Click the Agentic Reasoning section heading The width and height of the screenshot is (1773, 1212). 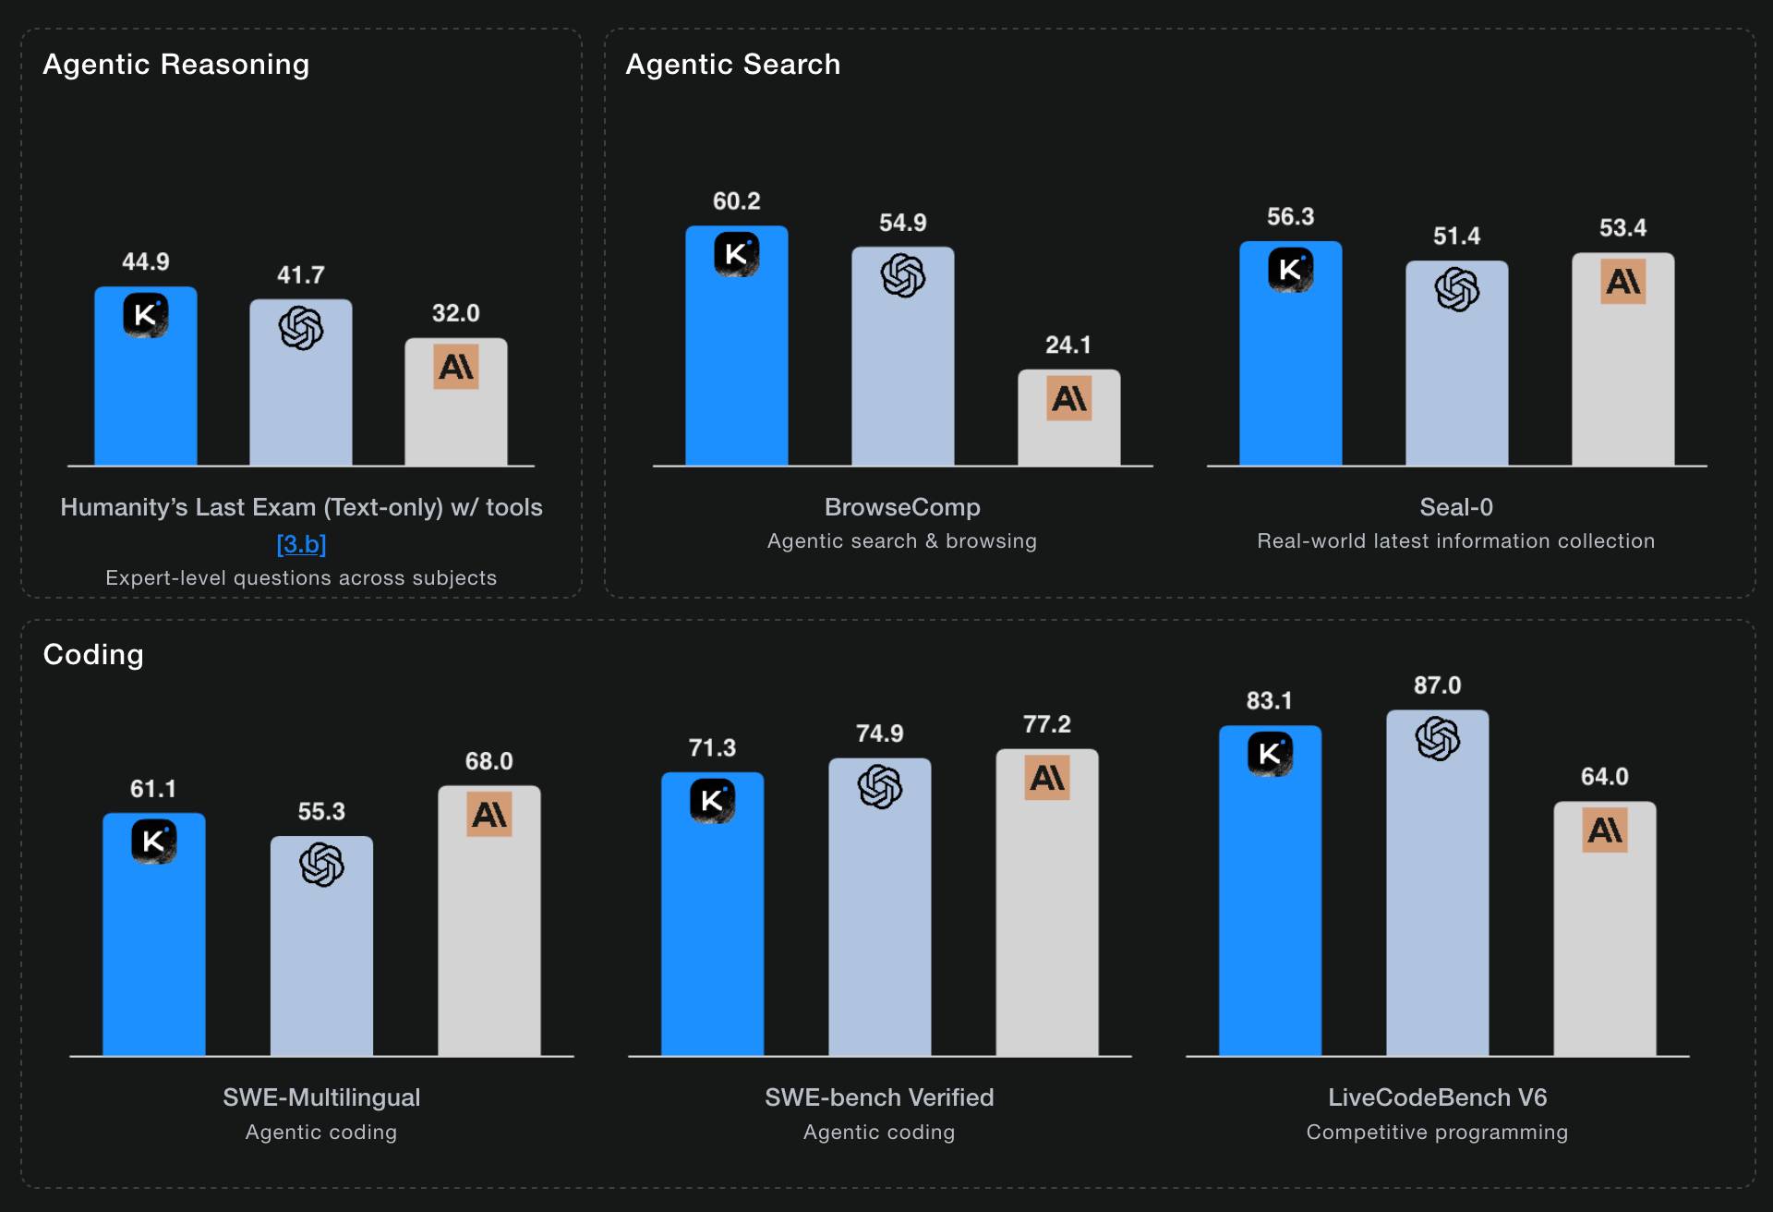(x=175, y=65)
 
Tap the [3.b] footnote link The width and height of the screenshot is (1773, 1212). (x=301, y=544)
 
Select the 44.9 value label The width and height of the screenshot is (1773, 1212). (x=146, y=262)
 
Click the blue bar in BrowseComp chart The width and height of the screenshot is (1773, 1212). (x=736, y=370)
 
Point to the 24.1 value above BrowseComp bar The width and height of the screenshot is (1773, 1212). (x=1068, y=345)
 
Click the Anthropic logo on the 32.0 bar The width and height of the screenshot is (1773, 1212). (x=456, y=367)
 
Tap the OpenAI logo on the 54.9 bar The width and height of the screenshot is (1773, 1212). (x=903, y=275)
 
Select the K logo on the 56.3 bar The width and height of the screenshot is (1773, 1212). (x=1290, y=270)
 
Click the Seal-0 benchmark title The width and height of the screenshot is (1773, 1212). (x=1456, y=507)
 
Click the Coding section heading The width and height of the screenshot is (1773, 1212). (x=93, y=655)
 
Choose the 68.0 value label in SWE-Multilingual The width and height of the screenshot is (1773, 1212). (x=488, y=761)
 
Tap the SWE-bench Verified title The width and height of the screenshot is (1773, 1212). (x=879, y=1097)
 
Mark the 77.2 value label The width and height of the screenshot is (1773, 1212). (x=1047, y=724)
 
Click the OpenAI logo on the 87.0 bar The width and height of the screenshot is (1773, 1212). (x=1437, y=739)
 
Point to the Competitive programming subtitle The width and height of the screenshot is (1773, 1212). (x=1437, y=1133)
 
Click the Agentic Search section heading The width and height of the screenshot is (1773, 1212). (x=733, y=65)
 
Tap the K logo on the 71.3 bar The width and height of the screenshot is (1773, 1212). (x=712, y=801)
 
